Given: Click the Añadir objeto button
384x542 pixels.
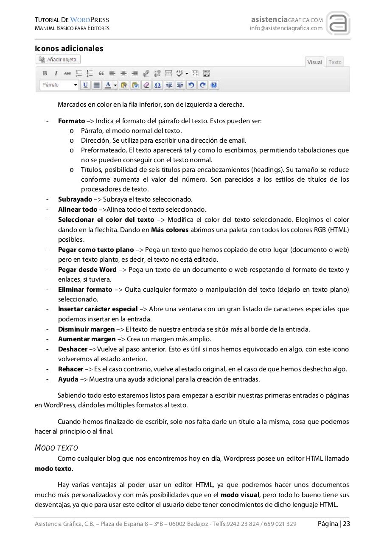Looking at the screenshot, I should pos(58,60).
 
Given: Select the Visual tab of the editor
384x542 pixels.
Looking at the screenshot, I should pos(314,62).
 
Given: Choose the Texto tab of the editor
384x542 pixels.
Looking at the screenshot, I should pos(335,62).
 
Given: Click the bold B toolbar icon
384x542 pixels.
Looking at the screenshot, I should pos(45,73).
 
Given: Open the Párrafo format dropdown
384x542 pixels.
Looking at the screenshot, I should pos(59,85).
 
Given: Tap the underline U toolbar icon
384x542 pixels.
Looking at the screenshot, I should pos(85,85).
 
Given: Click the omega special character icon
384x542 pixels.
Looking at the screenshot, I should pos(157,85).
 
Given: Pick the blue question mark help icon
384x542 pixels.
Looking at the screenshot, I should pos(214,85).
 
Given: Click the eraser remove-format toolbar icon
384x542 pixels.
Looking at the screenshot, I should pos(146,85).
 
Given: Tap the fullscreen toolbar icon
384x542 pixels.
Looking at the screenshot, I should pos(195,73).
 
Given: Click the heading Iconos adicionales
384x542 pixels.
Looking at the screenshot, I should pos(69,49).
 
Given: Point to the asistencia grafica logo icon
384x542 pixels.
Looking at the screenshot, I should pos(338,23).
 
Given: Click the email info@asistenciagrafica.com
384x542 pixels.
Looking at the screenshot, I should pos(286,28).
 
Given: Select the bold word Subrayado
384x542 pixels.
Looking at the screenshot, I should pos(75,199).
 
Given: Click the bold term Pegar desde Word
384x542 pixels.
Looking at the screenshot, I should pos(87,270).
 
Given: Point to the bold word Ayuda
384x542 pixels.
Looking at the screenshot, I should pos(68,379).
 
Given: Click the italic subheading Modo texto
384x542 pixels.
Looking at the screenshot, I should pos(56,448).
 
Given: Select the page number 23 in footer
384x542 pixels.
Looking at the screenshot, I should pos(347,524).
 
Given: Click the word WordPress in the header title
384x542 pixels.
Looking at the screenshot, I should pos(90,20).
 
